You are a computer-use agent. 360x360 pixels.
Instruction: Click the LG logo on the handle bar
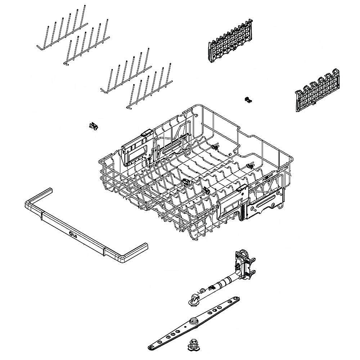pos(73,236)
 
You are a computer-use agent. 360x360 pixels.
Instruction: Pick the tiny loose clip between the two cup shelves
pos(247,100)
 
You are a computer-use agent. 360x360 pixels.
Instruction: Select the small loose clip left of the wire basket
pos(93,126)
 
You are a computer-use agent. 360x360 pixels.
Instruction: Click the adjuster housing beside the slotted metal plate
pos(232,203)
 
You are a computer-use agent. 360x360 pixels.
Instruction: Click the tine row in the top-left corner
pos(61,32)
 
